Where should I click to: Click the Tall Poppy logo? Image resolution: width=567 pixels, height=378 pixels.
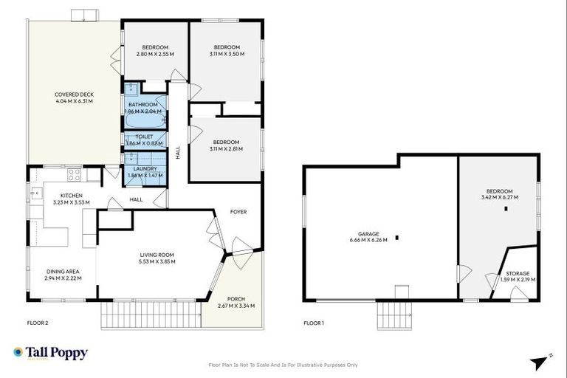tap(50, 353)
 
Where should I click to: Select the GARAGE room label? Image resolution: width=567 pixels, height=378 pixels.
tap(368, 233)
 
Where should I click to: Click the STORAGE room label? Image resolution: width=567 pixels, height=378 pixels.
tap(517, 274)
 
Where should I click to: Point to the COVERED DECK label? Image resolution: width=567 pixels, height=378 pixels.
tap(72, 94)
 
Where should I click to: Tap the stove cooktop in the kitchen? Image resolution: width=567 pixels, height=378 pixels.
tap(75, 175)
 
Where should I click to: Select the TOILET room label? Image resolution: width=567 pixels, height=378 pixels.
tap(144, 137)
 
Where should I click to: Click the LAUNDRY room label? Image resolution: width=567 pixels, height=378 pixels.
tap(144, 169)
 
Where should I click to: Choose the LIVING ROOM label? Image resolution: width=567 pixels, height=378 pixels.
tap(157, 255)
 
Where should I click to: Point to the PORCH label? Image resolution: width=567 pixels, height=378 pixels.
tap(236, 299)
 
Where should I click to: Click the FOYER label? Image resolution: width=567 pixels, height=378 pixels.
tap(238, 212)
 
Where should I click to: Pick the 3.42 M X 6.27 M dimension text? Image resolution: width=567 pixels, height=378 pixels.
tap(499, 198)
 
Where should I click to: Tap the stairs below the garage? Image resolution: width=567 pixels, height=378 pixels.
tap(391, 317)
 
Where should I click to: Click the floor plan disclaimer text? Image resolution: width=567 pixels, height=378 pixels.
tap(283, 365)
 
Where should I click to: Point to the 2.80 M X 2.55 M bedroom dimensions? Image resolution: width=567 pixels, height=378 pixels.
tap(155, 55)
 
